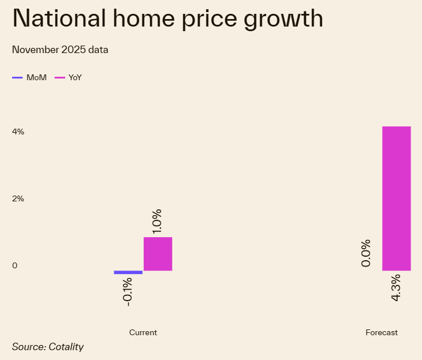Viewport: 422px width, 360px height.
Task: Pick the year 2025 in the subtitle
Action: point(75,50)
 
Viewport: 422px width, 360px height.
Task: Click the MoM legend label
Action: point(36,77)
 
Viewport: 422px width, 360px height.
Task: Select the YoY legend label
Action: point(75,77)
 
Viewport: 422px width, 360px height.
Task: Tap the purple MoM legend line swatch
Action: point(17,77)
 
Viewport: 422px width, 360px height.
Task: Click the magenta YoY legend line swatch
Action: point(59,77)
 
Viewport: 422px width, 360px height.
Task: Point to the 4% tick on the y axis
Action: point(18,132)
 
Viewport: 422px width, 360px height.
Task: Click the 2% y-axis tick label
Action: point(18,198)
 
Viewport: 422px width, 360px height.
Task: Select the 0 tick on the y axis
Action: point(14,266)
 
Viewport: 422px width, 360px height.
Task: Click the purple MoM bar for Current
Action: point(128,272)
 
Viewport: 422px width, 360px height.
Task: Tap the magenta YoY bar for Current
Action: point(158,254)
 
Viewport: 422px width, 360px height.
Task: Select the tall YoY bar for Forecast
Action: point(396,198)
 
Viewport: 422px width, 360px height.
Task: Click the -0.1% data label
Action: point(128,291)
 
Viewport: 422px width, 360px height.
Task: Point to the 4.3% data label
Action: point(396,287)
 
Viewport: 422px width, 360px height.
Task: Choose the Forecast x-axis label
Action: point(382,333)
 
